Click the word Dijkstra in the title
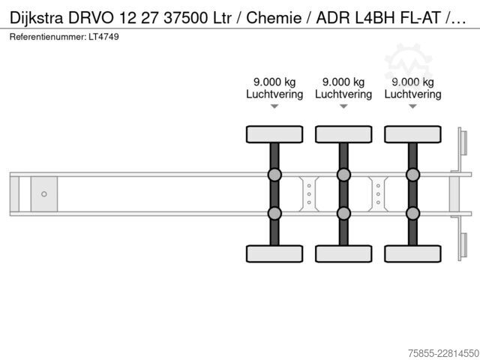pos(37,18)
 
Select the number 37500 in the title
pos(185,18)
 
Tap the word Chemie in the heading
pos(274,18)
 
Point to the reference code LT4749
pos(103,37)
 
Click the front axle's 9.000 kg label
pos(274,82)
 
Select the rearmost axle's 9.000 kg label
pos(413,82)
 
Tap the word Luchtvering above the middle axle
pos(343,94)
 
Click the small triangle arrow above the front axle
pos(274,106)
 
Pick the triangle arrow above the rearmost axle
pos(413,106)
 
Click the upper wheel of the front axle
pos(274,134)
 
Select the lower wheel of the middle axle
pos(343,253)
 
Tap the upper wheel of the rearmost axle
pos(413,134)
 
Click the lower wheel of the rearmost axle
pos(413,253)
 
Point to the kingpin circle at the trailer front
pos(44,194)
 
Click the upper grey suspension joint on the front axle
pos(274,175)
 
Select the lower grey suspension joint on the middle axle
pos(343,213)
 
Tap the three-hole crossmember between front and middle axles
pos(309,194)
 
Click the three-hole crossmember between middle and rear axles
pos(378,194)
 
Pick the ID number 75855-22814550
pos(443,353)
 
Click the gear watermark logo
pos(408,62)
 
